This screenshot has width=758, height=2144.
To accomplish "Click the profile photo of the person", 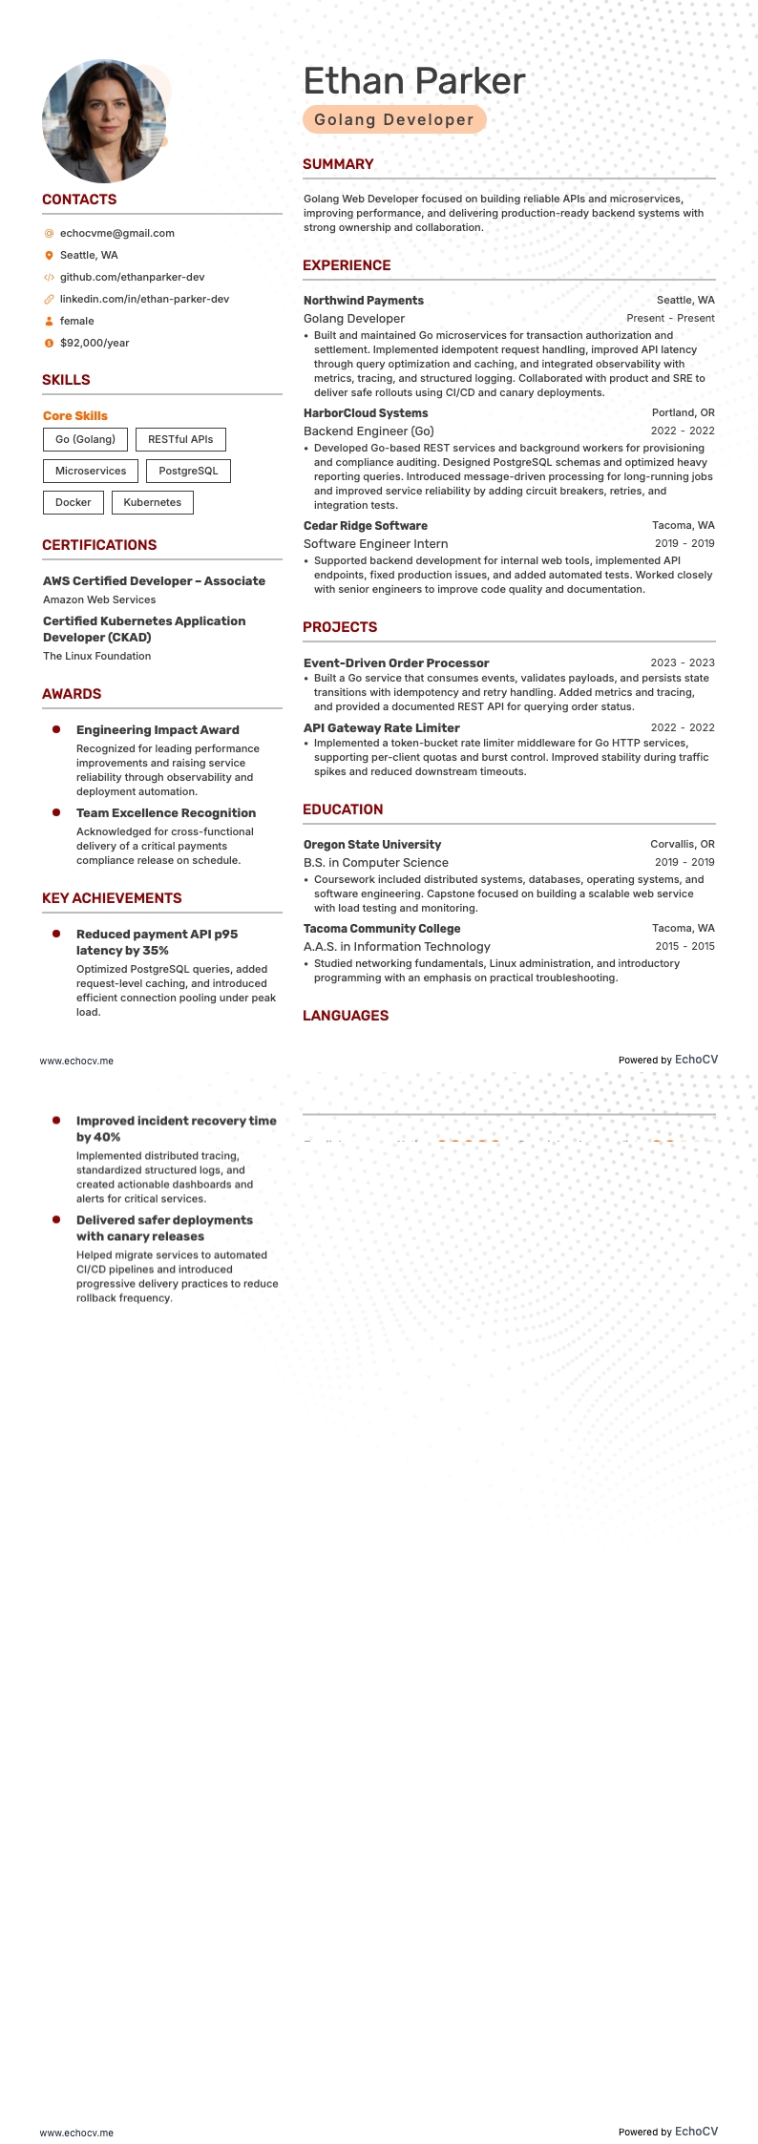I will [x=104, y=121].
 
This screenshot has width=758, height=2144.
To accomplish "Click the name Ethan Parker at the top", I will [x=413, y=81].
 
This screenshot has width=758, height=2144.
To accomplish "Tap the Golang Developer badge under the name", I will [x=394, y=119].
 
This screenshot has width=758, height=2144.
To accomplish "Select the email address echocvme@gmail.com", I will [x=116, y=233].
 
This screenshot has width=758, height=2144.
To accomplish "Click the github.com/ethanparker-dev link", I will [x=132, y=277].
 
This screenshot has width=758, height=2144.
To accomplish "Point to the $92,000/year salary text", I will [x=95, y=343].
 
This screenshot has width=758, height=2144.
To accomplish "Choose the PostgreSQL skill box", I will [x=188, y=471].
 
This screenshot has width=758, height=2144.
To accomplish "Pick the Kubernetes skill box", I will [x=152, y=502].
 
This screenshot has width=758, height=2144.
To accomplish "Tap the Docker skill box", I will [x=73, y=502].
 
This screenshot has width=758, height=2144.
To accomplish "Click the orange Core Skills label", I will [x=75, y=415].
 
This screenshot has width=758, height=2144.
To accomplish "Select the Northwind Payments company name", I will [x=363, y=301].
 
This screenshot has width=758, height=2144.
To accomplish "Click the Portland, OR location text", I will [x=683, y=413].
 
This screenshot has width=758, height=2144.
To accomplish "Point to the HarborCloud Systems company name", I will [x=366, y=413].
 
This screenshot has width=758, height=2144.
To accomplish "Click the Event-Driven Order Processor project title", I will [x=396, y=662].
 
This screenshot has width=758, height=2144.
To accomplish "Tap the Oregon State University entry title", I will [x=372, y=845].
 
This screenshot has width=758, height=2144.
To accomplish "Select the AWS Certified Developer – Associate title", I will [x=154, y=580].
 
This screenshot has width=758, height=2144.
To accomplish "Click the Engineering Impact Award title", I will [x=158, y=729].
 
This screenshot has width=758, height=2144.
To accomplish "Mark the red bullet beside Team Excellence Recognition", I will [x=56, y=812].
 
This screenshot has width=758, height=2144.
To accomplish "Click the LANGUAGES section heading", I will [x=346, y=1016].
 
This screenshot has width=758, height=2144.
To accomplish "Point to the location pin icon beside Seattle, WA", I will [x=49, y=255].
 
